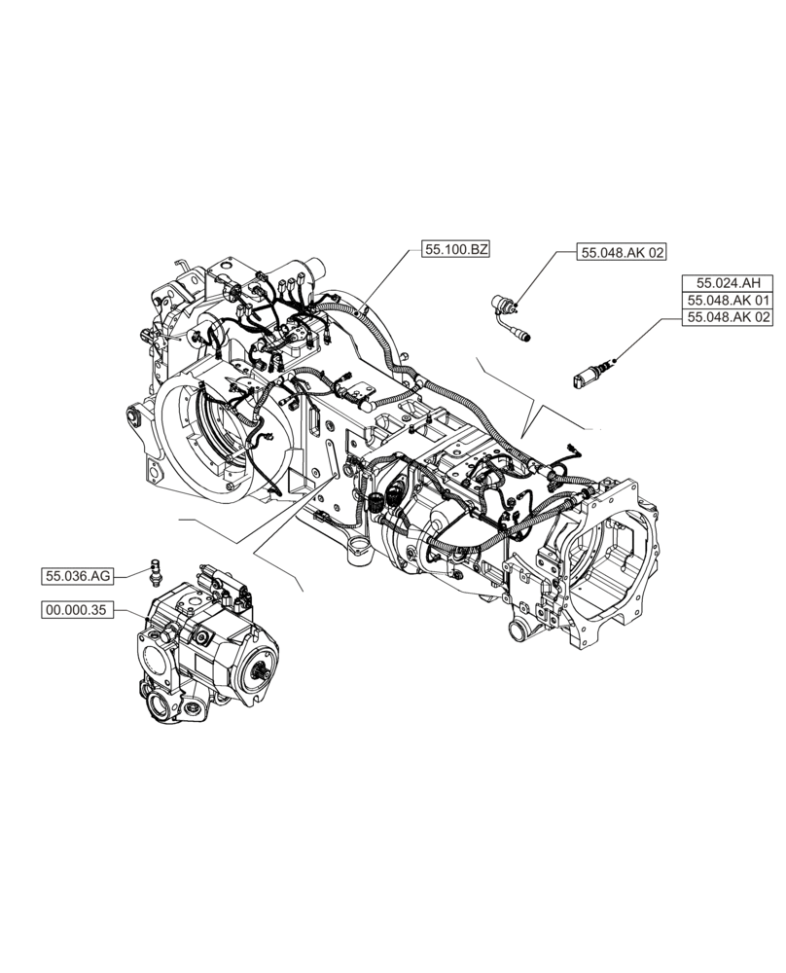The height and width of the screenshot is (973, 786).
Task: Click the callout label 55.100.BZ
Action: coord(454,250)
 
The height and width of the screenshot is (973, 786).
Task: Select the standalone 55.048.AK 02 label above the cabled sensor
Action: coord(623,253)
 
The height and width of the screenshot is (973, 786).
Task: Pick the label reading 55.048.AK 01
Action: coord(727,301)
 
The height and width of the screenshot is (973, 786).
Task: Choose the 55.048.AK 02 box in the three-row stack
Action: coord(727,318)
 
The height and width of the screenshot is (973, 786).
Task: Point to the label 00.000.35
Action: coord(77,610)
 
